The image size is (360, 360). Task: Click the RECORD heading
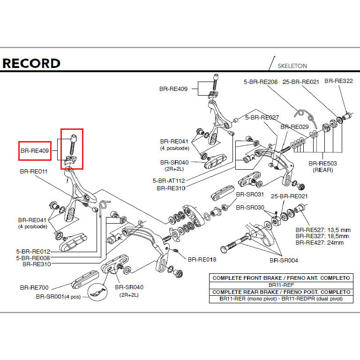click(x=31, y=63)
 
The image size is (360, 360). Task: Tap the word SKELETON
click(x=292, y=66)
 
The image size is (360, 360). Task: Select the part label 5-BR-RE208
click(x=261, y=82)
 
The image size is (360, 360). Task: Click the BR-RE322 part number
click(x=338, y=81)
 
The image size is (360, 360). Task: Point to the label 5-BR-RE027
click(x=262, y=118)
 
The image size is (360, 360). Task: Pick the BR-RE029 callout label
click(x=294, y=127)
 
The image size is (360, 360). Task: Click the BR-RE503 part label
click(x=323, y=164)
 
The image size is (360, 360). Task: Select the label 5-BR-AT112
click(x=169, y=180)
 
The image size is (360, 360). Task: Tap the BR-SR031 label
click(x=250, y=194)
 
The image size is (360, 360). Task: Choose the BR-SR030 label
click(x=250, y=208)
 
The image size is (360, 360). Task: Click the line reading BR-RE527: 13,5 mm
click(x=323, y=230)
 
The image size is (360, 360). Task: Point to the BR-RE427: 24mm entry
click(x=319, y=242)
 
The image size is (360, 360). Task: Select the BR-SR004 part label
click(x=284, y=260)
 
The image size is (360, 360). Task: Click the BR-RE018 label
click(x=202, y=259)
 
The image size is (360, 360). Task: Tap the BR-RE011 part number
click(x=34, y=172)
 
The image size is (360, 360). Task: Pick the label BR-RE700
click(x=34, y=287)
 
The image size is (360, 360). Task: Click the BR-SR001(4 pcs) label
click(x=58, y=297)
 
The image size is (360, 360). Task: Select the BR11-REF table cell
click(x=281, y=285)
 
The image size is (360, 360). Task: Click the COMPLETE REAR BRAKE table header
click(x=281, y=292)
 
